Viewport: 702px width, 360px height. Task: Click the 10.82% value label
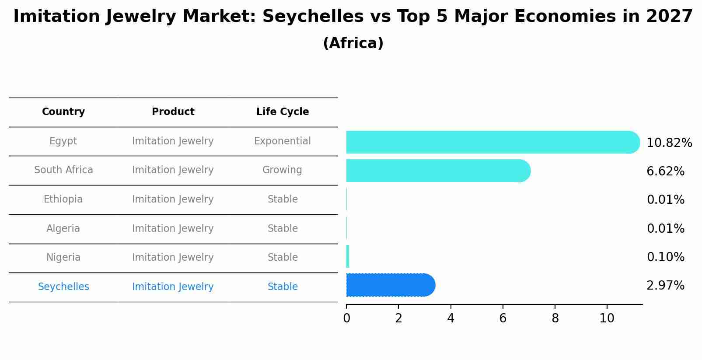pyautogui.click(x=669, y=143)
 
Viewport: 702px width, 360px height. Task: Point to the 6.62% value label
pyautogui.click(x=665, y=171)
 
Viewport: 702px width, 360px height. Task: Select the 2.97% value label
pyautogui.click(x=665, y=286)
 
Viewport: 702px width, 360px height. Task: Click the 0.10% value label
pyautogui.click(x=665, y=257)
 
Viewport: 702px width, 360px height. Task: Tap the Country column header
pyautogui.click(x=63, y=112)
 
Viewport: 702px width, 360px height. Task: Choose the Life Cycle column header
pyautogui.click(x=283, y=112)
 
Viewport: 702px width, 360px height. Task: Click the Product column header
pyautogui.click(x=173, y=112)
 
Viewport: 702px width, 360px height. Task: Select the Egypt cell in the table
pyautogui.click(x=63, y=141)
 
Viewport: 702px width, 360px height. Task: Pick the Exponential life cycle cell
pyautogui.click(x=282, y=141)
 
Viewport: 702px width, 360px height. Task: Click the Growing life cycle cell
pyautogui.click(x=282, y=170)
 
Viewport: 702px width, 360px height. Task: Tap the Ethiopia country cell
pyautogui.click(x=63, y=199)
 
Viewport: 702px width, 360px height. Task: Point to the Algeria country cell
pyautogui.click(x=63, y=229)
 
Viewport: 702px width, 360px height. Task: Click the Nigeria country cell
pyautogui.click(x=63, y=258)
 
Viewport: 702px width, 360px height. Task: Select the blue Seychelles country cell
pyautogui.click(x=63, y=287)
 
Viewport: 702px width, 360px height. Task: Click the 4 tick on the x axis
pyautogui.click(x=451, y=318)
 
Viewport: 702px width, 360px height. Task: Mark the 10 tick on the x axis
pyautogui.click(x=607, y=318)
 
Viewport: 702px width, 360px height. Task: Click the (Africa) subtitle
pyautogui.click(x=353, y=43)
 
